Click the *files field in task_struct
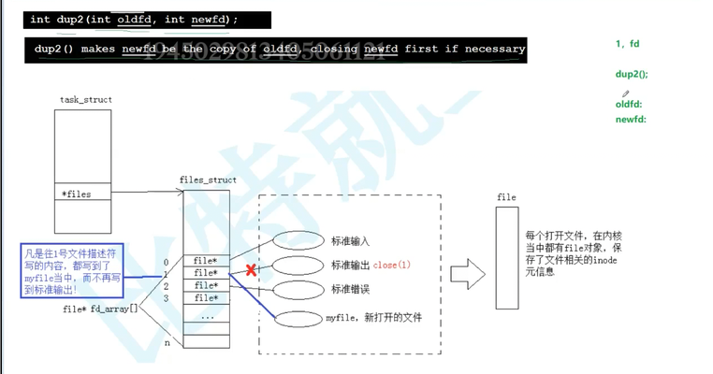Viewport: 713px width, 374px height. tap(76, 194)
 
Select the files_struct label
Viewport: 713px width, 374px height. tap(208, 180)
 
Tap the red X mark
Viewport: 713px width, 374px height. tap(252, 270)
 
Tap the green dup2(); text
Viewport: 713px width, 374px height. tap(632, 73)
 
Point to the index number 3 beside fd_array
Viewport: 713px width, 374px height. tap(166, 297)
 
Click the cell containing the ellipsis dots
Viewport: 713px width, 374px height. tap(206, 315)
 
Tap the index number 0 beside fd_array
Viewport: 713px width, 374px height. tap(166, 261)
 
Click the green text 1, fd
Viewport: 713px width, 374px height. tap(627, 44)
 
